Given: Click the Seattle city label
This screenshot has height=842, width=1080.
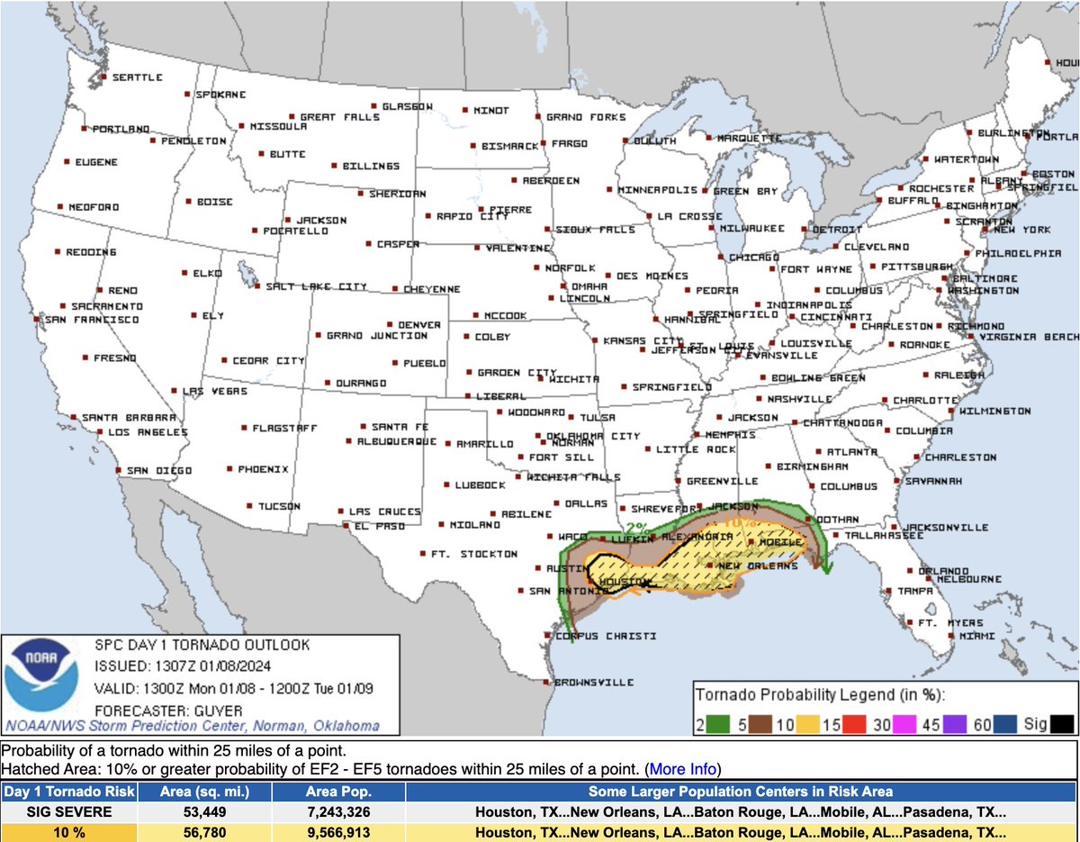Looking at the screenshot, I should [x=137, y=77].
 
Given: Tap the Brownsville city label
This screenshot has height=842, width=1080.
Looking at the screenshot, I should [x=594, y=683].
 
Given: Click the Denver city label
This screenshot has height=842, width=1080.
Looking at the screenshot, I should [x=419, y=324].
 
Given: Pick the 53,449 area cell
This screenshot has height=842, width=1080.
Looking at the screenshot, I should [x=205, y=811].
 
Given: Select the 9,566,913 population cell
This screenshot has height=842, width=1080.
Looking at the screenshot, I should [x=338, y=832].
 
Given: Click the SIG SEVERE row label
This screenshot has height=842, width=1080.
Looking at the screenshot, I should [x=69, y=811].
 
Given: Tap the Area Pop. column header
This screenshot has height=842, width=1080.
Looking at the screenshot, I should [x=338, y=792].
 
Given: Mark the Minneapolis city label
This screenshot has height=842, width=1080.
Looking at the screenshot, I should [x=657, y=190].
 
